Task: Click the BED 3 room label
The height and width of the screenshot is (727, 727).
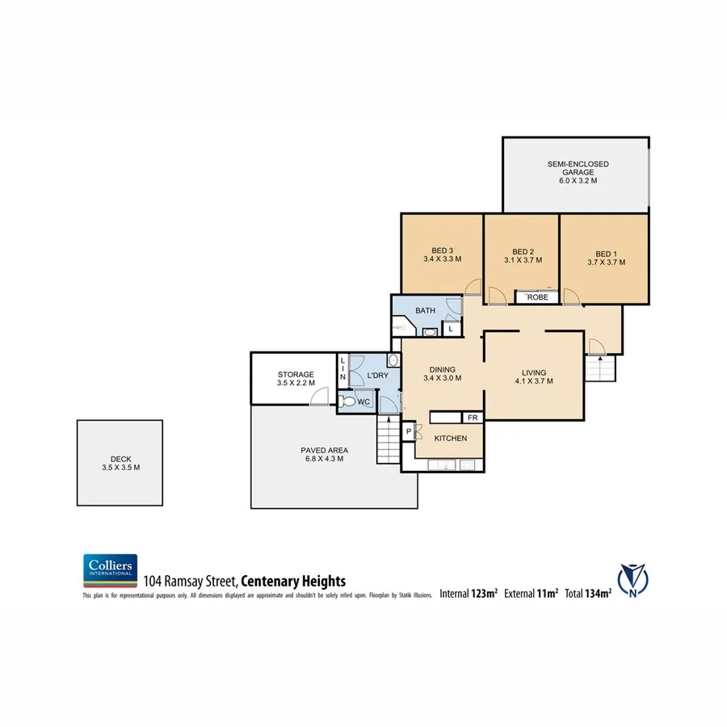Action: [x=442, y=255]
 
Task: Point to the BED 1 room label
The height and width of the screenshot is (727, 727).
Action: [x=605, y=258]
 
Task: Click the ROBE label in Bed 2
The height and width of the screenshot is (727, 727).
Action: [x=537, y=297]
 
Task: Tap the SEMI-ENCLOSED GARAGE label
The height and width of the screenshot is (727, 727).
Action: [x=578, y=173]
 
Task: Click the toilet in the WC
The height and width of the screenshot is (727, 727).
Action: [x=347, y=400]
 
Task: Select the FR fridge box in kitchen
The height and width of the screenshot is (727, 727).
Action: [x=472, y=418]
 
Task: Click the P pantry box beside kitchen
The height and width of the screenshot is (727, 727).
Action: [x=409, y=432]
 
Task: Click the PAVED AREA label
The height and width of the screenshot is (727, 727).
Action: [x=323, y=454]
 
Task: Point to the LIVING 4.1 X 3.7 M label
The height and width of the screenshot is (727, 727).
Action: [x=532, y=376]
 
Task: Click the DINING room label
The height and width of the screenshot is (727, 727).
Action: [x=442, y=374]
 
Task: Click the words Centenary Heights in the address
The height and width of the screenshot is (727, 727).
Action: [x=294, y=581]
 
